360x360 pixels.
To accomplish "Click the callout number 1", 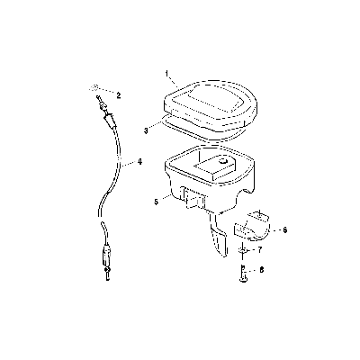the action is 167,73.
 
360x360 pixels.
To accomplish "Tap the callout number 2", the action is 119,95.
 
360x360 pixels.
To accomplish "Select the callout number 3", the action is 146,131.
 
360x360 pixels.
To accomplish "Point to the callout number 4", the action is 139,162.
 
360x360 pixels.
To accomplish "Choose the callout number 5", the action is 156,202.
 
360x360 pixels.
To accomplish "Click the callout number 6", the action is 285,230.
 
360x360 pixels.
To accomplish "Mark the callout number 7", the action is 260,249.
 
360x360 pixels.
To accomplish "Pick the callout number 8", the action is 262,270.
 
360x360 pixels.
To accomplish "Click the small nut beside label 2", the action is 94,87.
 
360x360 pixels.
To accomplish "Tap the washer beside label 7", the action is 243,250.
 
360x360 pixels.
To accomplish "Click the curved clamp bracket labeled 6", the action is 252,226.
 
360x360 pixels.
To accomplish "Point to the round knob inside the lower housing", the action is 222,161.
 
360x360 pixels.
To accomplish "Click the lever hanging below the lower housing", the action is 219,236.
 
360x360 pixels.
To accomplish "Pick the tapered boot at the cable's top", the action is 109,120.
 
